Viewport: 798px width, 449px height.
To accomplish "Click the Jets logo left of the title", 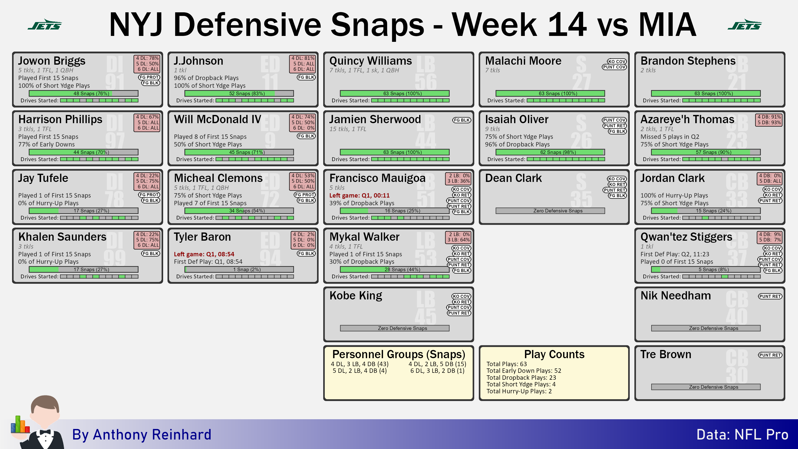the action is click(45, 24).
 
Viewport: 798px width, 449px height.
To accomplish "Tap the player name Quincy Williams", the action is click(370, 61).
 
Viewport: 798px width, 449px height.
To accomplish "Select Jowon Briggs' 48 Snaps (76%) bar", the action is click(84, 93).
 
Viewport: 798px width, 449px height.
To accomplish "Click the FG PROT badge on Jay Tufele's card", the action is click(149, 194).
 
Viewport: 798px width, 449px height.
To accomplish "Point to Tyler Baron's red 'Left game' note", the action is click(204, 254).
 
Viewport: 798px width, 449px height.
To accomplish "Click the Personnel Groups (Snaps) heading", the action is click(399, 354).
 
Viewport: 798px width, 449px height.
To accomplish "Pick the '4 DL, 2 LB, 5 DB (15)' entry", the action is click(437, 364).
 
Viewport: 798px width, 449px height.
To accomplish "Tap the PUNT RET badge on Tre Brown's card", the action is click(770, 355).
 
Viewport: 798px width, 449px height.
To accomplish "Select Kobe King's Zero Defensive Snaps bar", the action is click(395, 328).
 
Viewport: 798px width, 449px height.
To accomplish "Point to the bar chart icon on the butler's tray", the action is click(20, 425).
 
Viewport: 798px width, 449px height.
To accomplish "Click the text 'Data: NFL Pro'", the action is click(742, 434).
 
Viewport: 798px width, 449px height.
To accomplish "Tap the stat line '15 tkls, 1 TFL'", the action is click(348, 129).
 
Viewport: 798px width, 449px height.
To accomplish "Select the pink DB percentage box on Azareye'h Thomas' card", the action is click(769, 120).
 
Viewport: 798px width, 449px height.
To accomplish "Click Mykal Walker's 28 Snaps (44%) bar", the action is click(395, 270).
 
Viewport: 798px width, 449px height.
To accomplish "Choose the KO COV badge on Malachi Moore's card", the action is click(617, 61).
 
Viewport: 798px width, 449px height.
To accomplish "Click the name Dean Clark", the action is click(513, 178).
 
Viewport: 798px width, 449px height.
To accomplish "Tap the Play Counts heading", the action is click(554, 354).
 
